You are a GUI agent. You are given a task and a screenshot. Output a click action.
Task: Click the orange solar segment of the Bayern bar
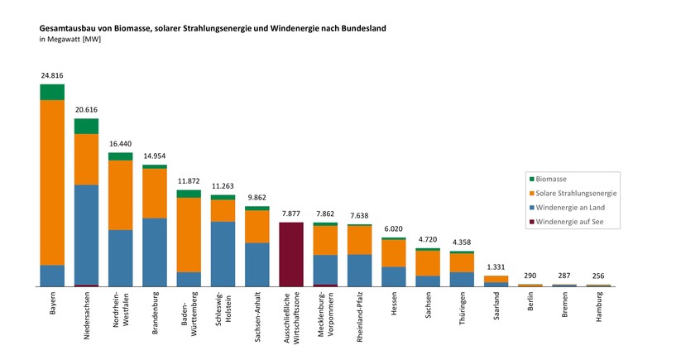52,182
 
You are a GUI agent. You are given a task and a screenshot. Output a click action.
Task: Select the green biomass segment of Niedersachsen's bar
86,126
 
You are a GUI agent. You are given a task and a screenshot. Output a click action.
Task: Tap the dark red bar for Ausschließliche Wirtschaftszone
291,254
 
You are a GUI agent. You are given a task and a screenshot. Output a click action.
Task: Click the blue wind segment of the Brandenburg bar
155,252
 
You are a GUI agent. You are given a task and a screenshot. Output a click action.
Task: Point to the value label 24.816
52,75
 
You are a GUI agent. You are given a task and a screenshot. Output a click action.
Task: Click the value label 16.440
121,143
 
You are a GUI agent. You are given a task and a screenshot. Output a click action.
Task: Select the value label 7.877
291,214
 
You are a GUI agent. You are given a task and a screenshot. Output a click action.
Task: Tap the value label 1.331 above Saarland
496,266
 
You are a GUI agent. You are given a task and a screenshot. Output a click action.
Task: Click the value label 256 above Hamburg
599,276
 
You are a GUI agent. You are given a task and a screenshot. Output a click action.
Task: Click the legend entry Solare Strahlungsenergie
576,193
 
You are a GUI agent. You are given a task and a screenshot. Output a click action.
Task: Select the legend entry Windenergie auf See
572,223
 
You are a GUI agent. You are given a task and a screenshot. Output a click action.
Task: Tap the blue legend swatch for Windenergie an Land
531,208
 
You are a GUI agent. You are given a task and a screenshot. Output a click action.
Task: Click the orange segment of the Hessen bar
394,253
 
